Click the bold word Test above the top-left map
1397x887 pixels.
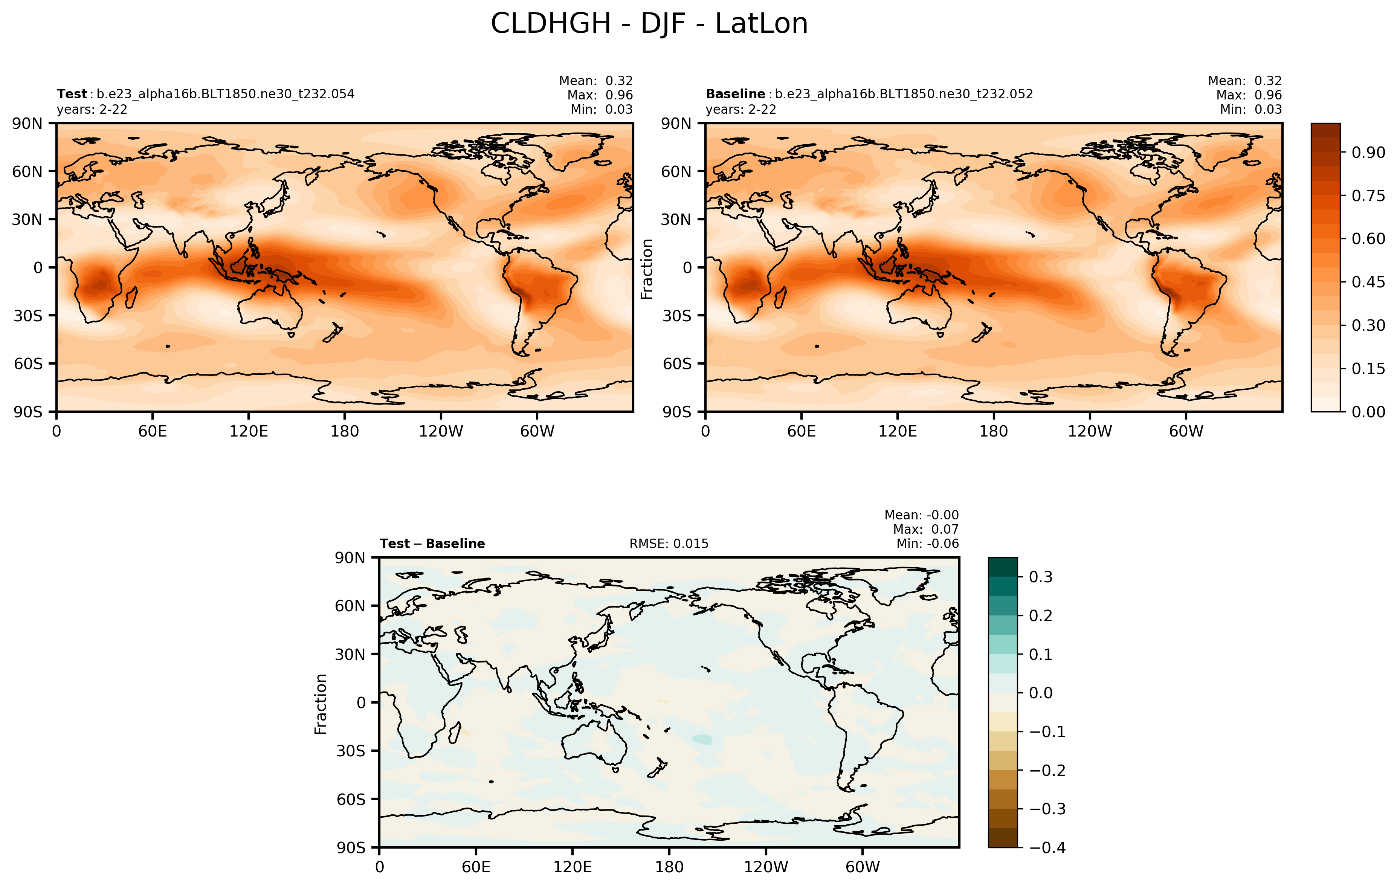click(71, 94)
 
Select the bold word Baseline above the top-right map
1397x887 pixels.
click(735, 94)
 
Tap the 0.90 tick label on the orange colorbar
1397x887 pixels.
click(1368, 153)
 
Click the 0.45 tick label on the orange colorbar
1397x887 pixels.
click(1368, 282)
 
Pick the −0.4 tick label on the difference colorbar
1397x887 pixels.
click(1047, 847)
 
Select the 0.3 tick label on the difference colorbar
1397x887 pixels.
click(1040, 577)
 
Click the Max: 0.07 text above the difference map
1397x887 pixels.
click(925, 529)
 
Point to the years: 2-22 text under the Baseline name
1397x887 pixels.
click(741, 109)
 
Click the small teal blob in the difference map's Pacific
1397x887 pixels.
click(702, 739)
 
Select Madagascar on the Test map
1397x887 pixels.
click(131, 298)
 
